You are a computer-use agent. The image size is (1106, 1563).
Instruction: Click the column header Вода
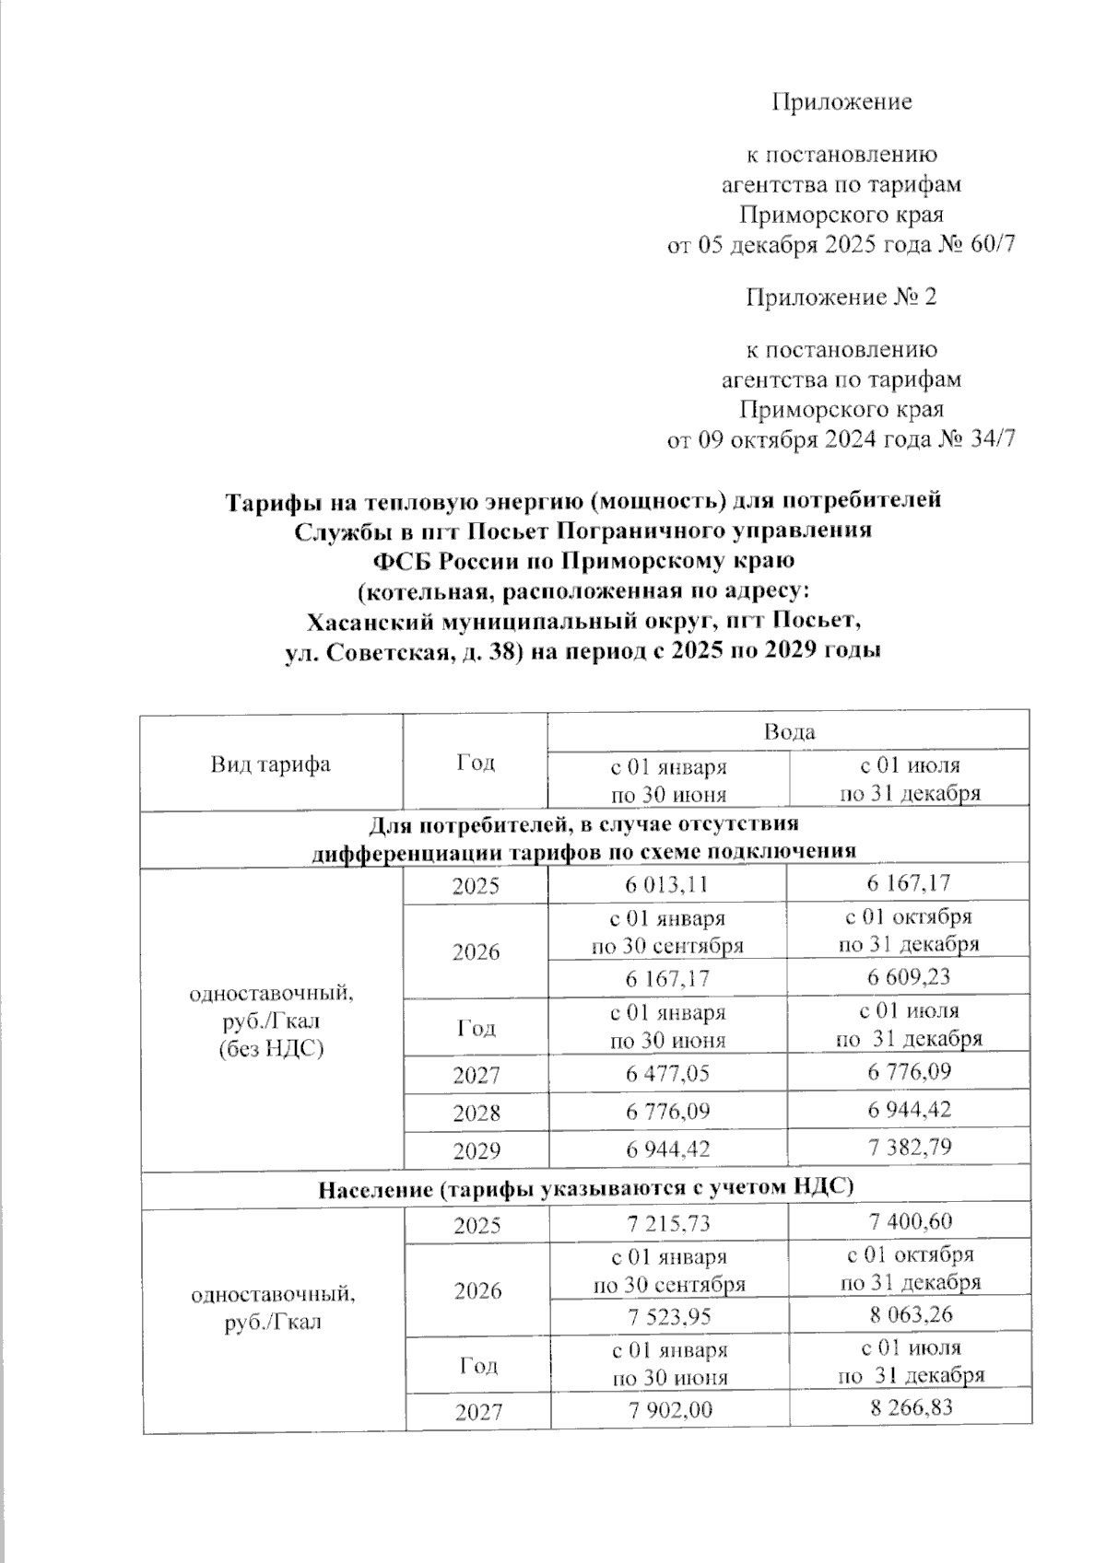(x=788, y=731)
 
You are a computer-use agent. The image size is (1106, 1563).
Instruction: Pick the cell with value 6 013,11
(x=667, y=884)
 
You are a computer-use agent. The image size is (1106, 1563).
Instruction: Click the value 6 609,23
(x=908, y=976)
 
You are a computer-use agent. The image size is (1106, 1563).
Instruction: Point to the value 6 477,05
(x=667, y=1073)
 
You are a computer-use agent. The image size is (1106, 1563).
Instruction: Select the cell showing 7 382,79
(x=908, y=1147)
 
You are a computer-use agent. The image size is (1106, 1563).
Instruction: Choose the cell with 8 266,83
(x=908, y=1408)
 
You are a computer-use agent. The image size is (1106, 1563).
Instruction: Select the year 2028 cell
(x=476, y=1112)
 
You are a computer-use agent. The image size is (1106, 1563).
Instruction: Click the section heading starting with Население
(x=585, y=1188)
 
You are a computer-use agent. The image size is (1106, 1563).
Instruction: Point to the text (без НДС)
(x=271, y=1047)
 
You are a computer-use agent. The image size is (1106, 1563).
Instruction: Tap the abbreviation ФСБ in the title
(x=402, y=559)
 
